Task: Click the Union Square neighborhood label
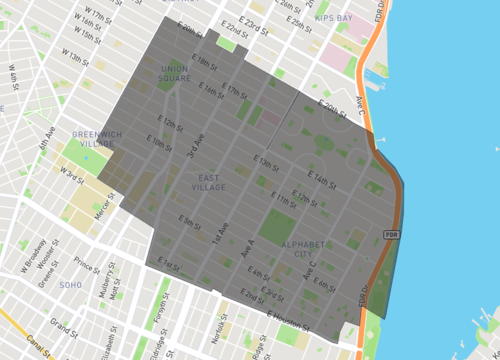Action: point(175,73)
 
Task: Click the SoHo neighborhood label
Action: point(70,284)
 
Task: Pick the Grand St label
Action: point(64,327)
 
